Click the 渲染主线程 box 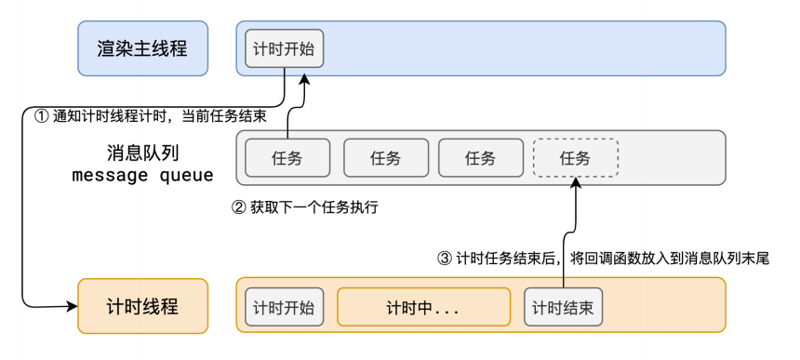(x=143, y=48)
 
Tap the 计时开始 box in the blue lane (x=284, y=48)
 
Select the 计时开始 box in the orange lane (x=284, y=307)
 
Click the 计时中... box (x=423, y=307)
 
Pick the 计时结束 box (x=563, y=307)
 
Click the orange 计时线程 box (x=143, y=306)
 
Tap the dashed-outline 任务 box (x=576, y=158)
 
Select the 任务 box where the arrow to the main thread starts (x=287, y=158)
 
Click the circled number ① (x=41, y=116)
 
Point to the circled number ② (x=239, y=208)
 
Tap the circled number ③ (x=445, y=259)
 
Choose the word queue (x=186, y=176)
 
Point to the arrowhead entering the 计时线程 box (x=72, y=306)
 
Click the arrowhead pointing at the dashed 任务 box (x=576, y=182)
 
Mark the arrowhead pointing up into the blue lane (x=304, y=77)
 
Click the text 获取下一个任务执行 (x=313, y=208)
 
